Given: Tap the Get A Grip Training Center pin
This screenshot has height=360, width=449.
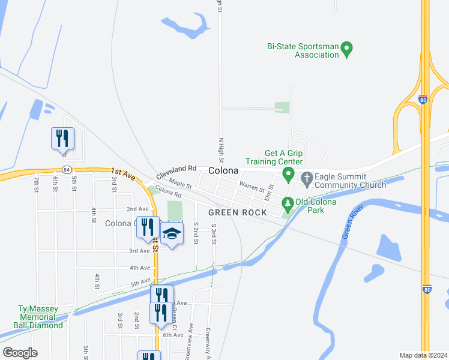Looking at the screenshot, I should pos(288,175).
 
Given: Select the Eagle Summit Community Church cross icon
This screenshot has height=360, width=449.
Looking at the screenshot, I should pos(307,177).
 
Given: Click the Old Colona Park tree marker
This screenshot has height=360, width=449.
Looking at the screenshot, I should pos(288,204).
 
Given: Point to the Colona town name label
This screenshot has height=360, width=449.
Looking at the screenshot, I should pos(224,171).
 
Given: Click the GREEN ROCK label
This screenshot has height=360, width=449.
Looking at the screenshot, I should pos(237,213).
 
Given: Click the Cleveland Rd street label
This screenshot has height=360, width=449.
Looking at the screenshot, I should pos(176,172).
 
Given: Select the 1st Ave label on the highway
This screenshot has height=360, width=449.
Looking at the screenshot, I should pos(123,175).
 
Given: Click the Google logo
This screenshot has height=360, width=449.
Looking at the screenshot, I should pos(20,353).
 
